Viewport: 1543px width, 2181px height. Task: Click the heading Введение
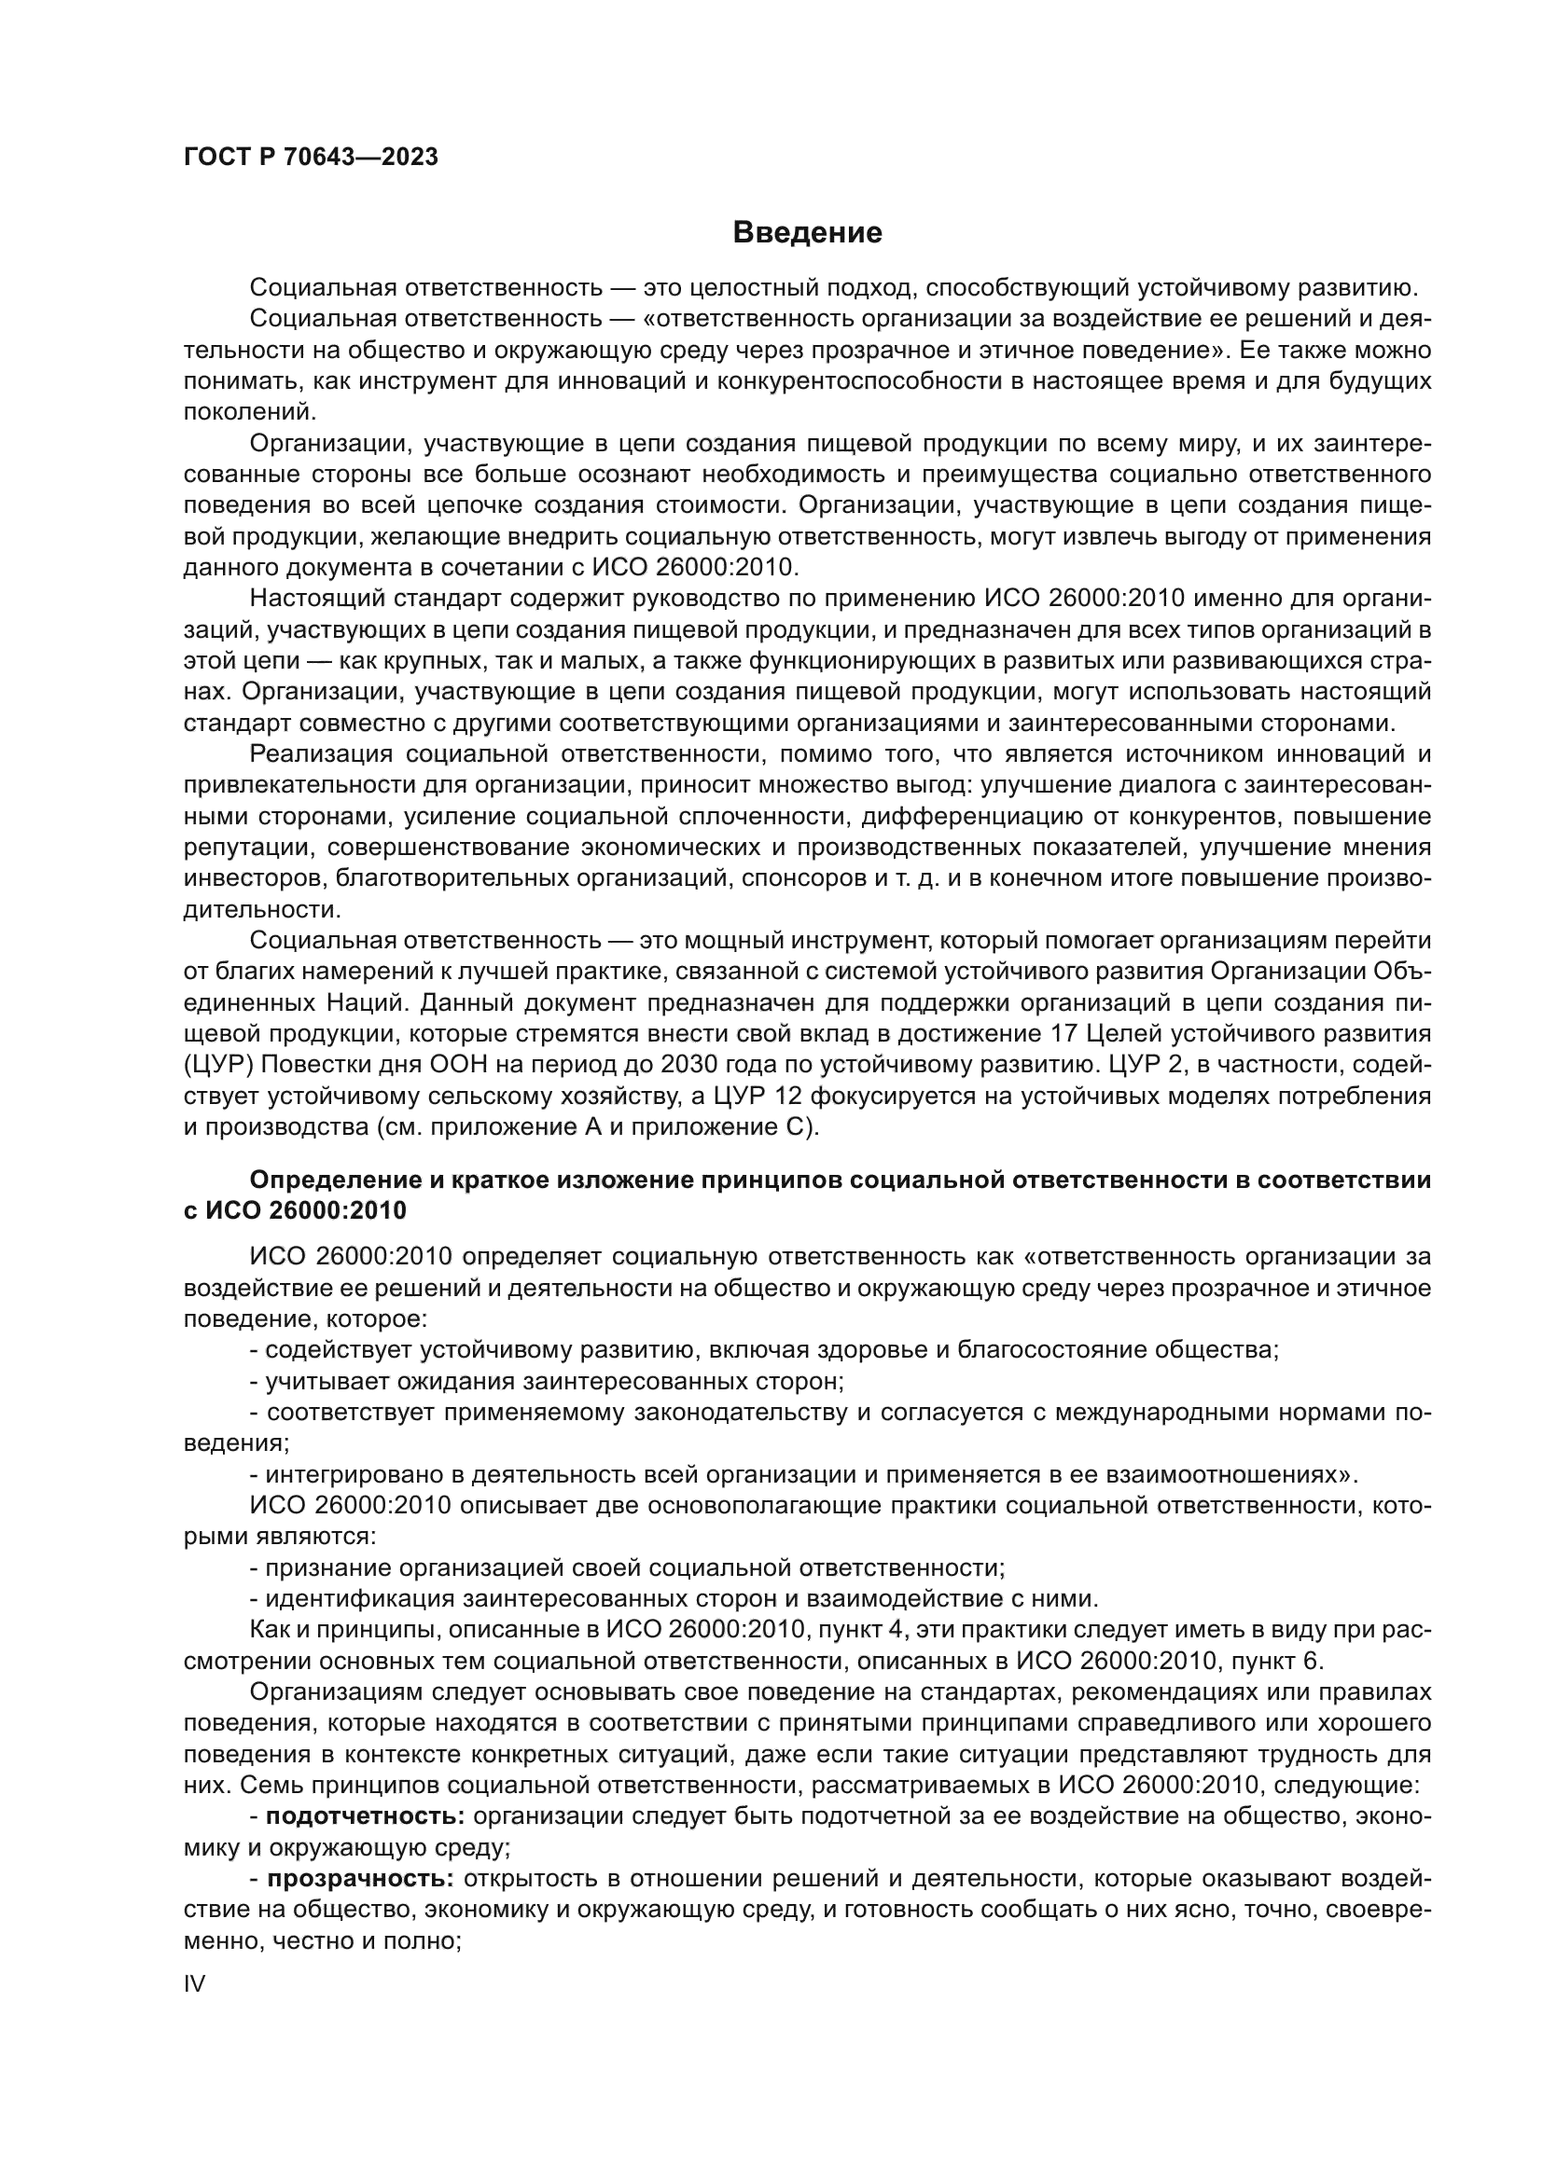(x=808, y=233)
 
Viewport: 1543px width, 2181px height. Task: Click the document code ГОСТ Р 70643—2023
(x=311, y=158)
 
